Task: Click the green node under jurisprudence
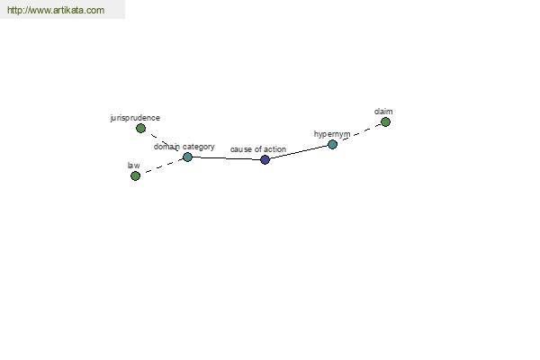tap(140, 129)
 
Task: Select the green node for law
tap(135, 176)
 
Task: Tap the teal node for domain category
tap(187, 157)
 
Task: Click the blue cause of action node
tap(265, 159)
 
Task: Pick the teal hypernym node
tap(332, 144)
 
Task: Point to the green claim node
tap(385, 122)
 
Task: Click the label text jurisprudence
tap(135, 118)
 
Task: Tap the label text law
tap(133, 166)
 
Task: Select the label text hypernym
tap(332, 134)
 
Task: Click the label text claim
tap(383, 112)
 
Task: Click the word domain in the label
tap(166, 147)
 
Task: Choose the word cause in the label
tap(241, 149)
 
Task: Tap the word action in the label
tap(274, 149)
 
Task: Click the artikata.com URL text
tap(56, 10)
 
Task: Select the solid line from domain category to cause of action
tap(226, 158)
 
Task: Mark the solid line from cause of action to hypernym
tap(299, 152)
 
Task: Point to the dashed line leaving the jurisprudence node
tap(164, 142)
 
